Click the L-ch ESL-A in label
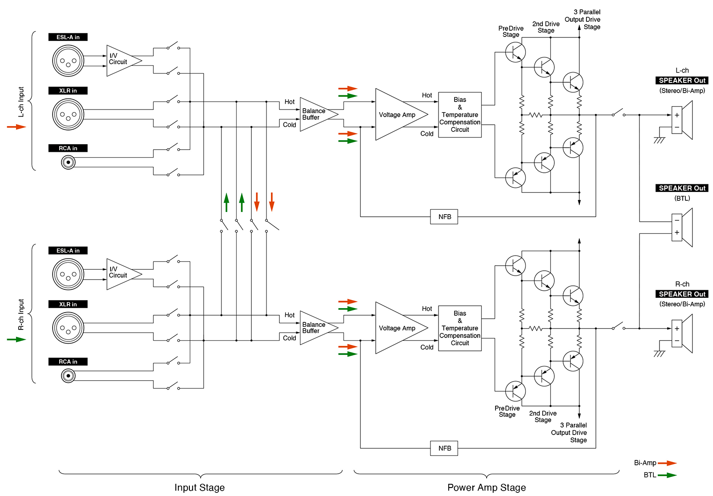[68, 37]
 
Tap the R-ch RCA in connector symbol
[68, 376]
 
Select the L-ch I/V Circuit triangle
[121, 61]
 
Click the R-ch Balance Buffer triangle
[316, 328]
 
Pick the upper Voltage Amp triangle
[397, 114]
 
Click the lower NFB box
[444, 448]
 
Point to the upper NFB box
[444, 217]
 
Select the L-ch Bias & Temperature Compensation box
[460, 115]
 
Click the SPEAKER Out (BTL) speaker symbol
[682, 227]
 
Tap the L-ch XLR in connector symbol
[68, 114]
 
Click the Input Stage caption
[200, 488]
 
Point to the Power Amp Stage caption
[487, 488]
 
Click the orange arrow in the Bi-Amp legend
[667, 463]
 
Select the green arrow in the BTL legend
[667, 475]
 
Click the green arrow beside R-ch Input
[16, 339]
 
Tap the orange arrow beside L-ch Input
[16, 127]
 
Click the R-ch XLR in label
[68, 304]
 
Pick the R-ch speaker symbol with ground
[682, 334]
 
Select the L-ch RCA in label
[68, 148]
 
